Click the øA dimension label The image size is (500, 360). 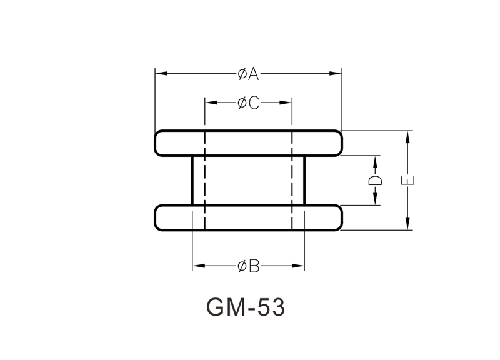click(248, 74)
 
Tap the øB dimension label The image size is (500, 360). click(248, 267)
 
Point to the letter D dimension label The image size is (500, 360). click(375, 181)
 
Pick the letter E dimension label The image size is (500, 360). click(408, 181)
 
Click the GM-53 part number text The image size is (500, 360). click(245, 308)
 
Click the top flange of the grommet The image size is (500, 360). click(248, 143)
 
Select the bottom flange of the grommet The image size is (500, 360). click(248, 217)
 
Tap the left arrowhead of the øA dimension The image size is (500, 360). click(159, 74)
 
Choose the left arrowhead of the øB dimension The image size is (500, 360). click(197, 267)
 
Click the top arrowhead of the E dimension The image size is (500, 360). click(408, 136)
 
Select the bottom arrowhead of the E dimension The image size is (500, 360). click(408, 225)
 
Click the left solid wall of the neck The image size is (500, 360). click(192, 181)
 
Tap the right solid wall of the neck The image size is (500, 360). click(304, 181)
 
